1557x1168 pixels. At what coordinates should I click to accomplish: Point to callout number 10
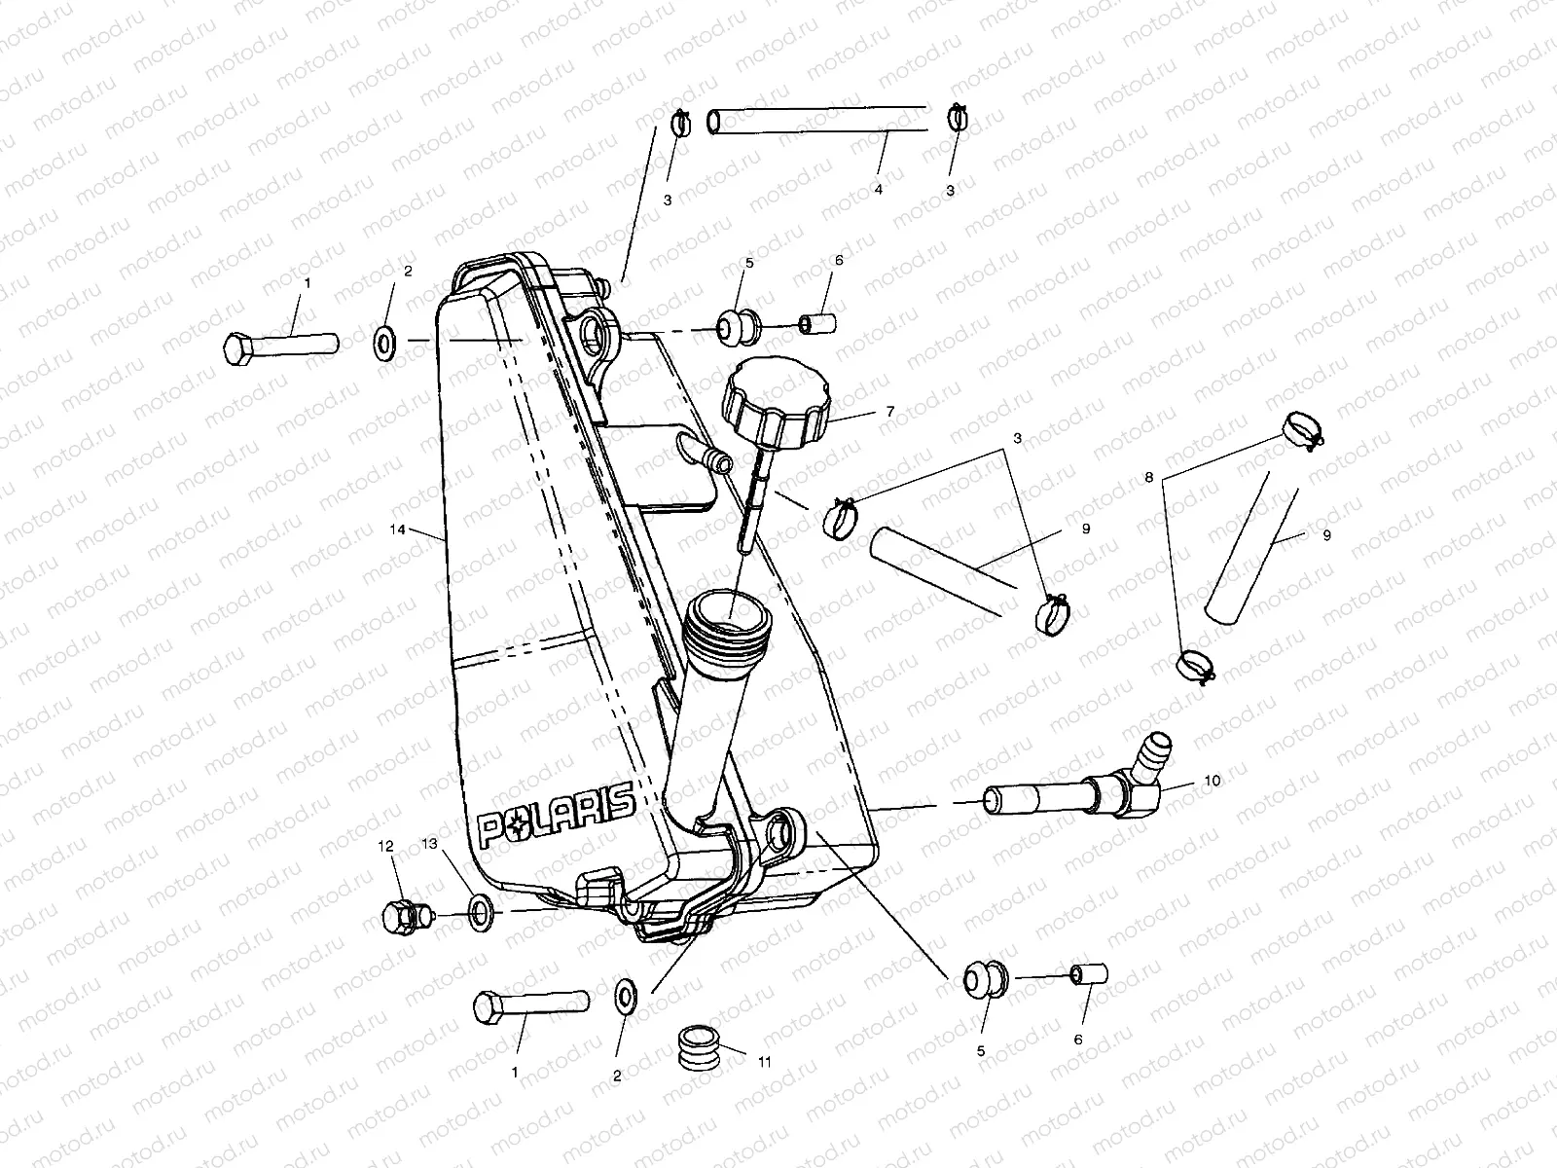tap(1212, 781)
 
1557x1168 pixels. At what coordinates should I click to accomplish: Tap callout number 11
tap(764, 1062)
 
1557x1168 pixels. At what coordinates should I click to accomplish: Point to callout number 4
tap(878, 190)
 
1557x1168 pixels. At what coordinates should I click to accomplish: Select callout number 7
tap(889, 412)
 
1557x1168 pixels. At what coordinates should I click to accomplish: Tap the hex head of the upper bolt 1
tap(237, 347)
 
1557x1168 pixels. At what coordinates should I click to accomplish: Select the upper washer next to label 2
tap(384, 341)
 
